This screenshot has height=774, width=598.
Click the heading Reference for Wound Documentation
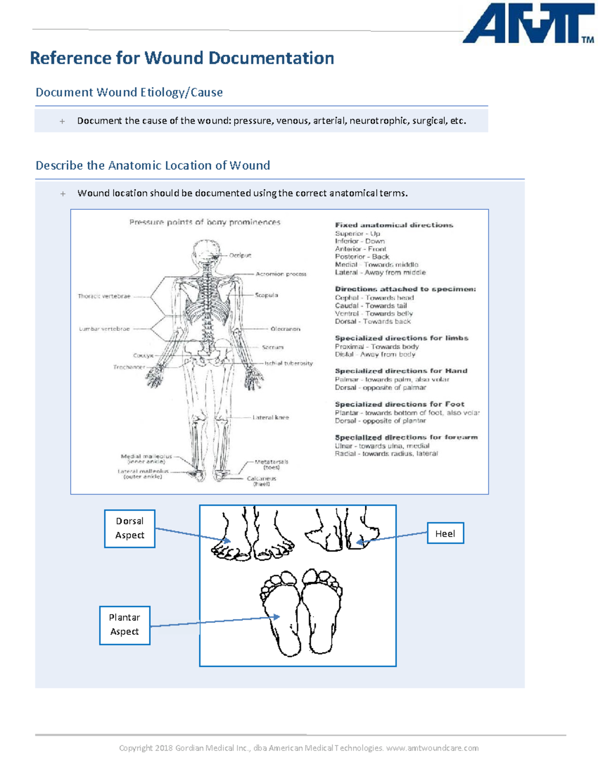tap(182, 58)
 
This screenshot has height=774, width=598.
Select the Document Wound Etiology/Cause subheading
tap(129, 92)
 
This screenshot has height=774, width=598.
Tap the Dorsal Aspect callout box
tap(130, 528)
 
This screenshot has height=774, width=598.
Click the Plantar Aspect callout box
tap(125, 624)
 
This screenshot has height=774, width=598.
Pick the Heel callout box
tap(445, 533)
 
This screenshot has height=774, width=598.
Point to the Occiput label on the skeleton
tap(240, 255)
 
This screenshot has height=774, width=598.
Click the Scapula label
tap(267, 295)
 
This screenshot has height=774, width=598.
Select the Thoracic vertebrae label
tap(104, 296)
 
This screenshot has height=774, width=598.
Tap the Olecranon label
tap(285, 329)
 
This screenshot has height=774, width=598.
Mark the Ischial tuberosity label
tap(289, 363)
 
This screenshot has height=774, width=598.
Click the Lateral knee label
tap(271, 417)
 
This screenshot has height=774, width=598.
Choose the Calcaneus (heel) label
tap(261, 481)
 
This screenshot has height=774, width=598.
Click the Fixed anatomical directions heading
tap(394, 225)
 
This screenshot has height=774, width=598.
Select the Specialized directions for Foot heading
tap(399, 404)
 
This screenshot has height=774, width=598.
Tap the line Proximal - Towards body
tap(377, 346)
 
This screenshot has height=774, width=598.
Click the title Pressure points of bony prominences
tap(205, 222)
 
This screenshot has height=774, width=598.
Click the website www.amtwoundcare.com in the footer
tap(433, 748)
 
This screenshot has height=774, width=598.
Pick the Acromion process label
tap(281, 274)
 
